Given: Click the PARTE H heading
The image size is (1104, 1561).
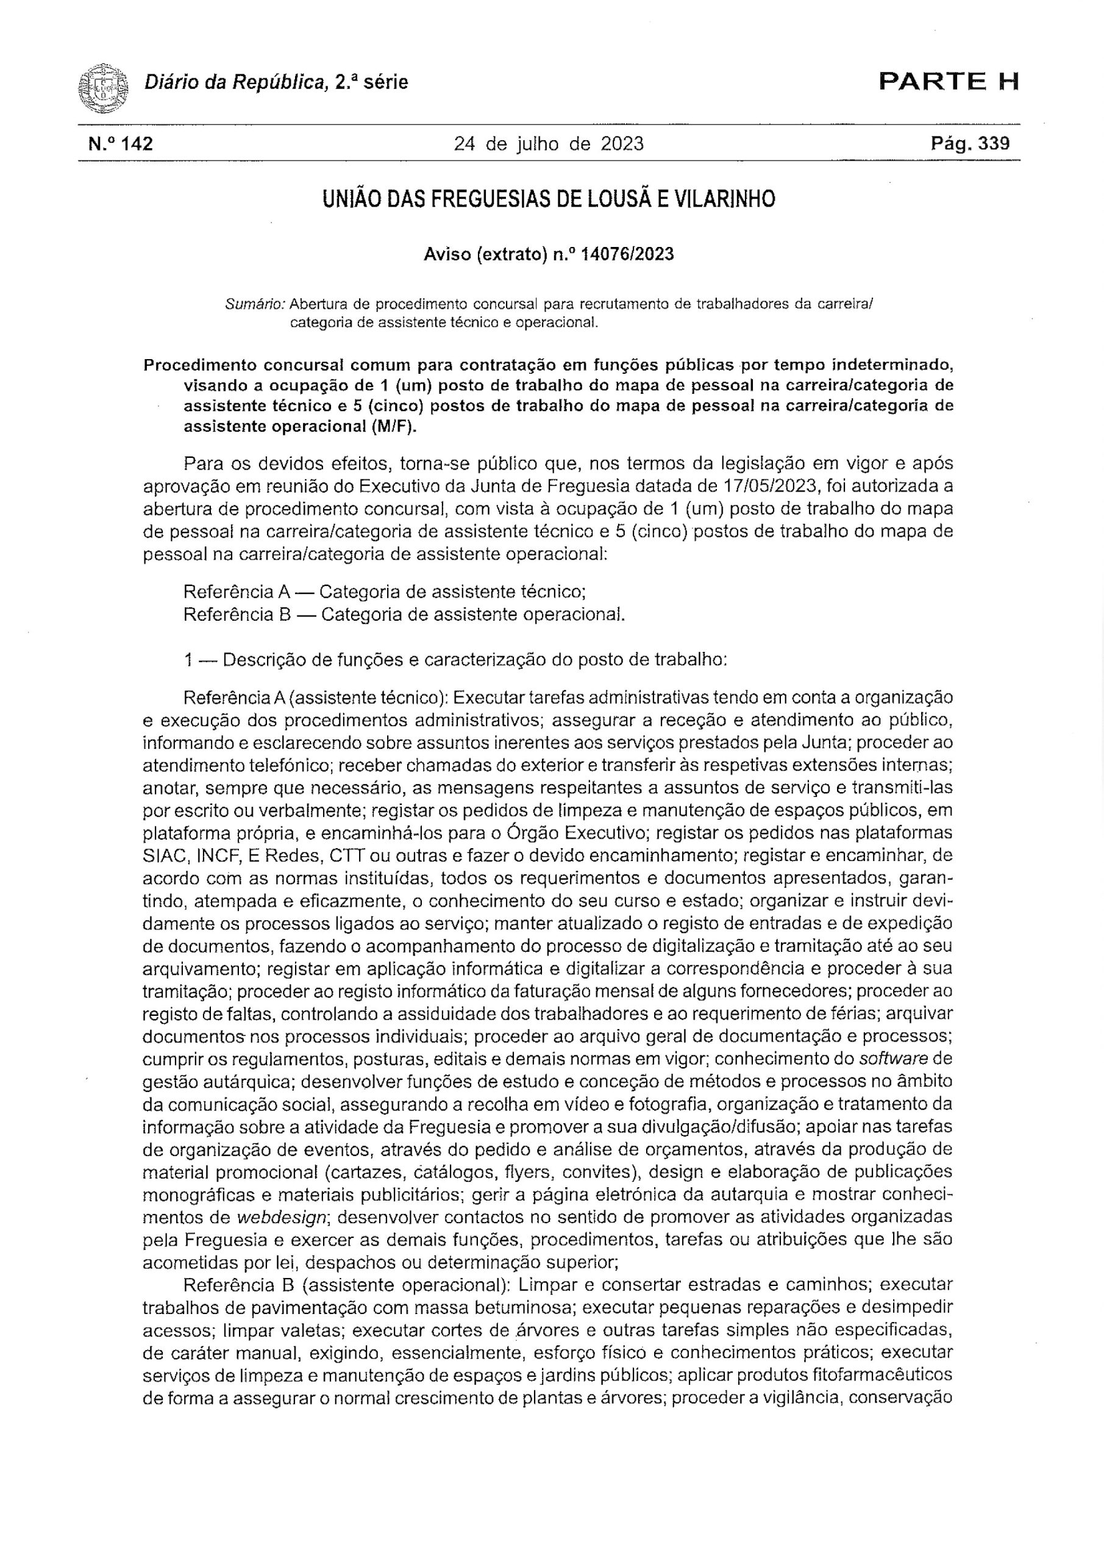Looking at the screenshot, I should click(x=949, y=82).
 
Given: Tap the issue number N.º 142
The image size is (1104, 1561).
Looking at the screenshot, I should click(x=121, y=144).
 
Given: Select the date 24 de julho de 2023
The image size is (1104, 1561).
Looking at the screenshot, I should click(x=549, y=144).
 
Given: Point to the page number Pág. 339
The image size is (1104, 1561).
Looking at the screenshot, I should click(x=970, y=144).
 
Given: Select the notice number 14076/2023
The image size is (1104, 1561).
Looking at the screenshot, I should click(x=628, y=254).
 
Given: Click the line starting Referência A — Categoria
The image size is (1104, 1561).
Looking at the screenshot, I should click(x=385, y=591).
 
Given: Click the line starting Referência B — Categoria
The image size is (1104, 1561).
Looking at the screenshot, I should click(x=404, y=615).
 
